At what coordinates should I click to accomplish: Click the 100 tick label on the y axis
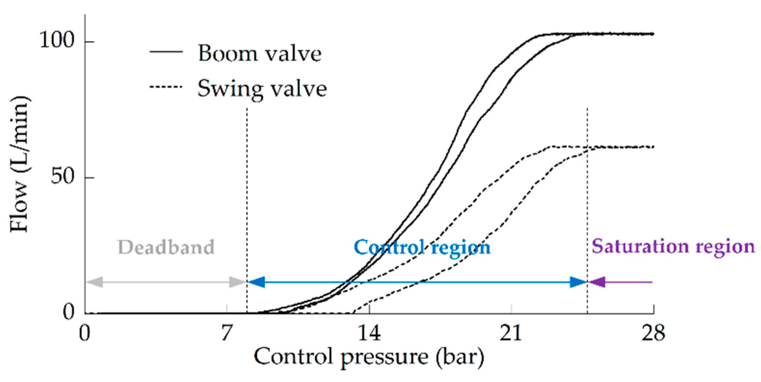pos(57,40)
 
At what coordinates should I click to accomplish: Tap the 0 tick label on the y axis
pos(69,312)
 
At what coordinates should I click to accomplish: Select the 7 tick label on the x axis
pos(227,333)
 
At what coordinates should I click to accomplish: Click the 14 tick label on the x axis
pos(369,333)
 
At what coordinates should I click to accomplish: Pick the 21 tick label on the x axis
pos(511,333)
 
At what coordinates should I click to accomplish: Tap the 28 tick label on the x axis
pos(653,333)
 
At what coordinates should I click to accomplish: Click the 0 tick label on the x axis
pos(85,333)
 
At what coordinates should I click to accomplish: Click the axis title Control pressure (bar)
pos(369,357)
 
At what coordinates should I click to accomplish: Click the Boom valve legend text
pos(260,54)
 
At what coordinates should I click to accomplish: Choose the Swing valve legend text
pos(262,88)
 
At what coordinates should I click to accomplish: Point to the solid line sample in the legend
pos(166,52)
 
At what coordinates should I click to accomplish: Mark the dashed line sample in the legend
pos(166,87)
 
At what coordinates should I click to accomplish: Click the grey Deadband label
pos(166,247)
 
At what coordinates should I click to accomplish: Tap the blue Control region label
pos(422,247)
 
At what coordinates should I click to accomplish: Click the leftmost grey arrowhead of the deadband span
pos(94,282)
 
